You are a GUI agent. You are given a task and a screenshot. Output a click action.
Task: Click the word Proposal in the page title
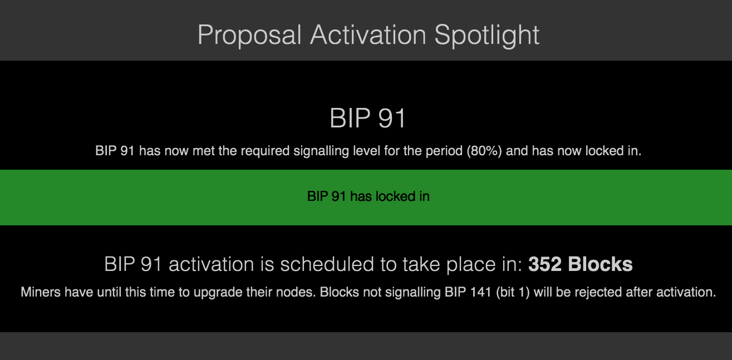point(249,35)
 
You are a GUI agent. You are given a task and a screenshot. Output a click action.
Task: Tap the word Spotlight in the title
point(487,35)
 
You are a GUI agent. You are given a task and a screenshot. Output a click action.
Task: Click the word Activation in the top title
point(368,34)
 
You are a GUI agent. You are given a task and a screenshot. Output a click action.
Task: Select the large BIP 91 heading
point(367,118)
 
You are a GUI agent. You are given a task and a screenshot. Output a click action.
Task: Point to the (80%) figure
point(484,151)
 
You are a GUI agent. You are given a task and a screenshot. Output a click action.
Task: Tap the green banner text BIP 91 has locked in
point(369,196)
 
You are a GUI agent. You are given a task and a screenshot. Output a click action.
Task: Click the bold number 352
point(545,264)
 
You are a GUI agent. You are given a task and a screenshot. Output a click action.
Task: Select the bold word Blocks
point(600,264)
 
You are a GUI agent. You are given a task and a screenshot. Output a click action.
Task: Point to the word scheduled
point(327,264)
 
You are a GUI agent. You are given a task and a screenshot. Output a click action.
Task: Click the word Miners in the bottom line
point(41,292)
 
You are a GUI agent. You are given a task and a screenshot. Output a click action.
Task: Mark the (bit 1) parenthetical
point(513,292)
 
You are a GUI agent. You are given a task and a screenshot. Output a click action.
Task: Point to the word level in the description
point(366,151)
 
